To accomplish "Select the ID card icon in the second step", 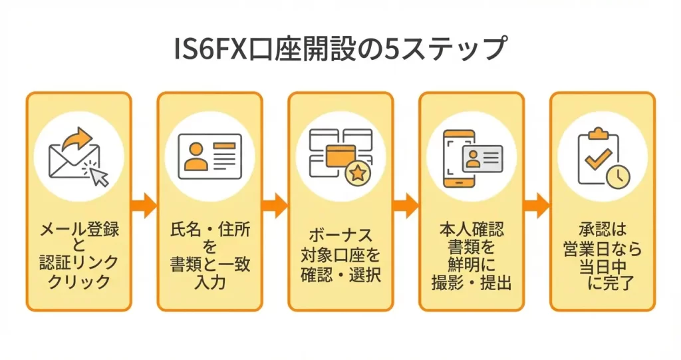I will [x=209, y=155].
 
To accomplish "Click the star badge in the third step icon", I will [x=358, y=174].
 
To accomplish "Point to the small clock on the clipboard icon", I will [x=618, y=176].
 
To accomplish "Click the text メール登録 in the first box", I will [x=79, y=231].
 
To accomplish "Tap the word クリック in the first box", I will [x=79, y=281].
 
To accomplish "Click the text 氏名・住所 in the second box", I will [x=210, y=231].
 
